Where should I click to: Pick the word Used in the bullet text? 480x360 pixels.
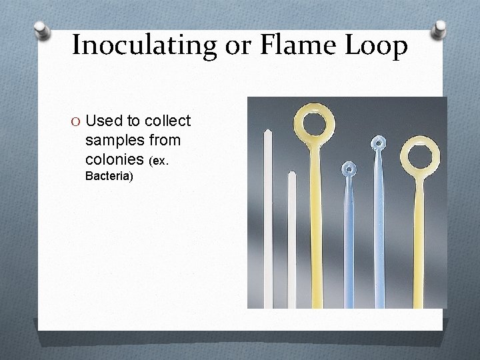pos(103,121)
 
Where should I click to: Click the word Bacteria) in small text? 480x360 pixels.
pos(109,177)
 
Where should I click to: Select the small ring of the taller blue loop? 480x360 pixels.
pos(378,143)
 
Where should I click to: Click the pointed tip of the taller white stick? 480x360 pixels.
pos(268,131)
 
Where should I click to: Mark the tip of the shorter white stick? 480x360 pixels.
pos(291,175)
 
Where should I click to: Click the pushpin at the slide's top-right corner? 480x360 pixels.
pos(440,29)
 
